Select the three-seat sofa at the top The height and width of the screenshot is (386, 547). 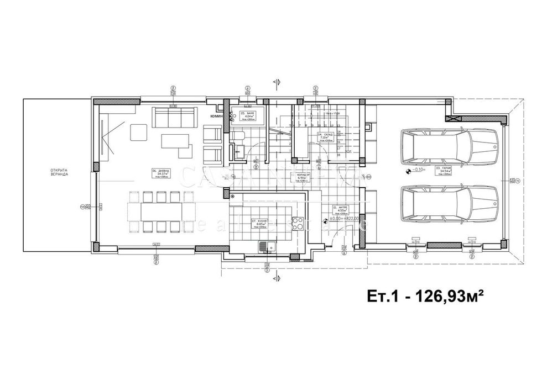(x=174, y=117)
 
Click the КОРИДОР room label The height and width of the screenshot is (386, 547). (x=304, y=177)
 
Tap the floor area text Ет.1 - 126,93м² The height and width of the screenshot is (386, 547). (x=422, y=297)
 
